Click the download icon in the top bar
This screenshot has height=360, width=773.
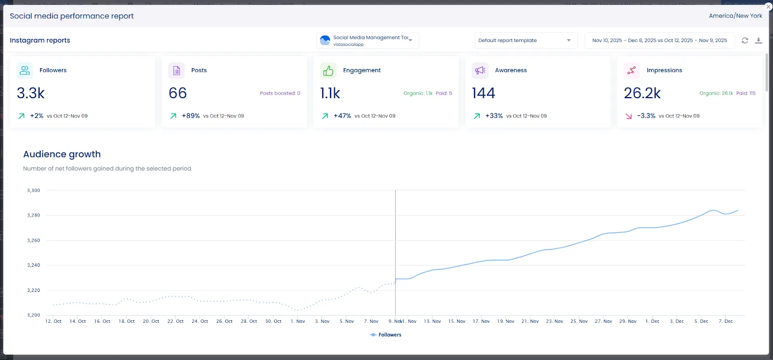pyautogui.click(x=759, y=41)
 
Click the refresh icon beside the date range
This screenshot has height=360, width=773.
pyautogui.click(x=745, y=41)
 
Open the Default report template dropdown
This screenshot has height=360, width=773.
pyautogui.click(x=525, y=41)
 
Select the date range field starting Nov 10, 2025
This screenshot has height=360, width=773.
pyautogui.click(x=659, y=41)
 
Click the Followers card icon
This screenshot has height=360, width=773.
pyautogui.click(x=25, y=70)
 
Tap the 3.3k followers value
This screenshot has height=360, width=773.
pyautogui.click(x=31, y=93)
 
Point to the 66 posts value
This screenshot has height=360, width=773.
pyautogui.click(x=178, y=93)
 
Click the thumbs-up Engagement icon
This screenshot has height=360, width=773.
pyautogui.click(x=328, y=71)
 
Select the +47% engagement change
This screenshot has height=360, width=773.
pyautogui.click(x=342, y=116)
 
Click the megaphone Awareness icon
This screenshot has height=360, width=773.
pyautogui.click(x=480, y=71)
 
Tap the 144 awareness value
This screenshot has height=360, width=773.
pyautogui.click(x=484, y=93)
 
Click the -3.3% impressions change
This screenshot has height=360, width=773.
pyautogui.click(x=646, y=116)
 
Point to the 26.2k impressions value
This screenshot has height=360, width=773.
pyautogui.click(x=642, y=93)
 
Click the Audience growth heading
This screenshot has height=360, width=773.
pyautogui.click(x=62, y=154)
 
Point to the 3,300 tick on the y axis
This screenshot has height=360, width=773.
pyautogui.click(x=33, y=190)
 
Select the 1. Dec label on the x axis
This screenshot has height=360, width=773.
pyautogui.click(x=652, y=321)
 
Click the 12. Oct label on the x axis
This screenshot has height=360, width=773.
pyautogui.click(x=53, y=321)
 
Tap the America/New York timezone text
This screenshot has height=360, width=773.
pyautogui.click(x=735, y=16)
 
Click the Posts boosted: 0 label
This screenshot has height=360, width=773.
pyautogui.click(x=280, y=93)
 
